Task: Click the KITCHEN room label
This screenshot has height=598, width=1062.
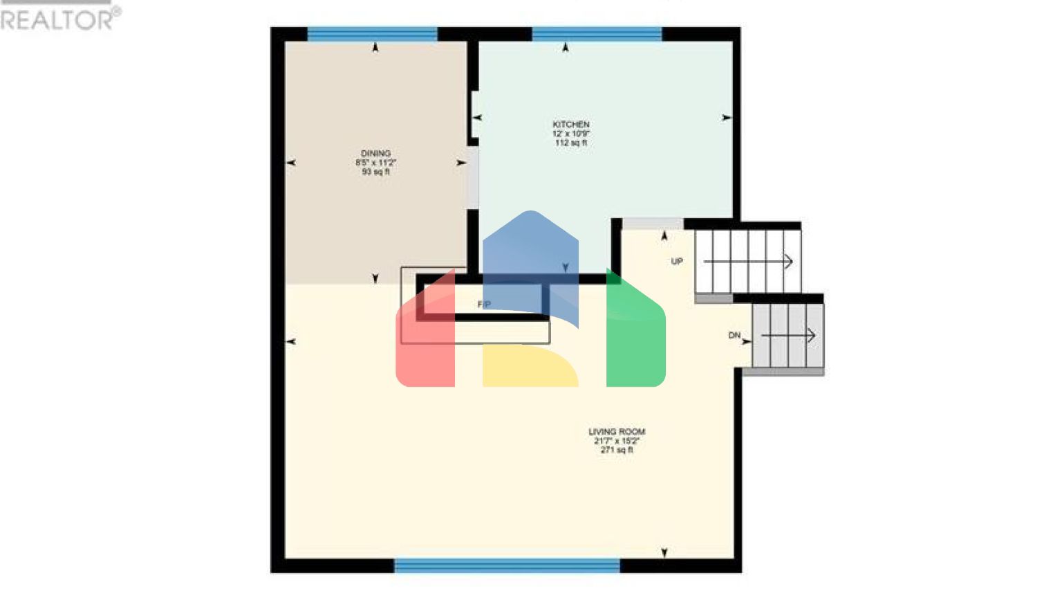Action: pos(570,125)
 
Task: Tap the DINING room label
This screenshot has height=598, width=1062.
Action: pos(375,154)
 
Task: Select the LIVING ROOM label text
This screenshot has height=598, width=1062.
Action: pos(616,432)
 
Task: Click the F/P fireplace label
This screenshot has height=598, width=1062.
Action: pos(484,305)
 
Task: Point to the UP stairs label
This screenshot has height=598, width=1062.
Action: pos(677,262)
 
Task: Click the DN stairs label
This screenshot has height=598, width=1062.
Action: pos(734,336)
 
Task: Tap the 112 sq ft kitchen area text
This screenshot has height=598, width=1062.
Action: pos(570,143)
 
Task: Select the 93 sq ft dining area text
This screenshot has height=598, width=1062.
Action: pos(375,172)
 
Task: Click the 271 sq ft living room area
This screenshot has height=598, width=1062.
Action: pos(616,450)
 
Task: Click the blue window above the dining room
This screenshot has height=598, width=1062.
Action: pos(372,34)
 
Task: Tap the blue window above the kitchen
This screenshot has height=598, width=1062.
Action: pos(597,34)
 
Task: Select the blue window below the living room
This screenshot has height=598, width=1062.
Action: pos(507,566)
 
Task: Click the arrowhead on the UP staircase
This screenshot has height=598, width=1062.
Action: pos(788,262)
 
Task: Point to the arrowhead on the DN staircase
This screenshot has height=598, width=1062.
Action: pos(811,336)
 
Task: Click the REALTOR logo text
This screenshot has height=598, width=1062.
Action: pos(59,19)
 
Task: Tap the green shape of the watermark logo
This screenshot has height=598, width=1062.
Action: pos(635,339)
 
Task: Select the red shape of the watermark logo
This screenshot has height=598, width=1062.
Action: pos(425,339)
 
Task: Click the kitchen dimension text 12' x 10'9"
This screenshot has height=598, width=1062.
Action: pos(570,134)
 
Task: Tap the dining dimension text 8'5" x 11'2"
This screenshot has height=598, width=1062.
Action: pos(375,163)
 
